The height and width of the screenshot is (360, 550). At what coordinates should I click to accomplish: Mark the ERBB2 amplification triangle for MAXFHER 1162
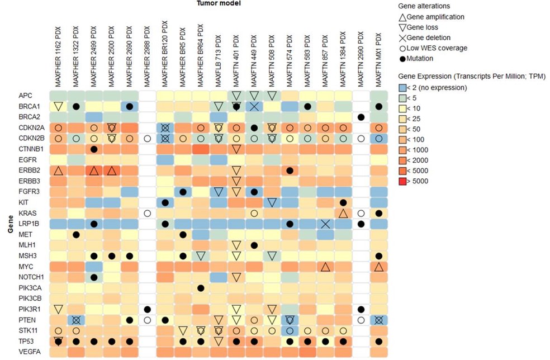(x=58, y=170)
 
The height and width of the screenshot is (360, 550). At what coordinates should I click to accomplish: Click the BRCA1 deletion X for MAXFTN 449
(x=254, y=106)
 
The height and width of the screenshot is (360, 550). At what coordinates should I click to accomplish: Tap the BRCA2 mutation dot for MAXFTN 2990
(x=361, y=117)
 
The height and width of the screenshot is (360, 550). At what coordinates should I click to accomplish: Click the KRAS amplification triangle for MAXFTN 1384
(x=343, y=213)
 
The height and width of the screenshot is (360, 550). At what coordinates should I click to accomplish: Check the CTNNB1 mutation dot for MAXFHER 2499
(x=94, y=149)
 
